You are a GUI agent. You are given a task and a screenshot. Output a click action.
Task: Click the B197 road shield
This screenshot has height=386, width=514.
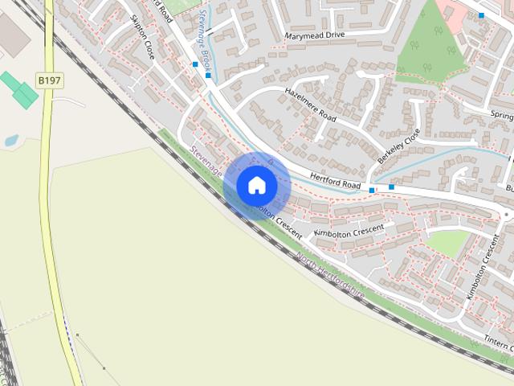tap(47, 80)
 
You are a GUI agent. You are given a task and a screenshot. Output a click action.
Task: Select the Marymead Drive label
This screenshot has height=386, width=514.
tap(314, 36)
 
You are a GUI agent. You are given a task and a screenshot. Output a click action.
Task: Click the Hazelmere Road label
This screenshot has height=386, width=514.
tap(310, 105)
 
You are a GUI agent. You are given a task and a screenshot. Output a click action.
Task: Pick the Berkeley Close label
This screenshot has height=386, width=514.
tap(399, 146)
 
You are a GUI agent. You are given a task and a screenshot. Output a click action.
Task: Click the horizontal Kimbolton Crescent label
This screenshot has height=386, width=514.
tap(349, 231)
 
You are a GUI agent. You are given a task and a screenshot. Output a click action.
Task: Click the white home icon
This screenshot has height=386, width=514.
tap(257, 185)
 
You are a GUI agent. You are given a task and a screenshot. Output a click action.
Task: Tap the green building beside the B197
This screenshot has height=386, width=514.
tap(20, 88)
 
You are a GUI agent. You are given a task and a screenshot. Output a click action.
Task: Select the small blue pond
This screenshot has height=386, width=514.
tap(11, 141)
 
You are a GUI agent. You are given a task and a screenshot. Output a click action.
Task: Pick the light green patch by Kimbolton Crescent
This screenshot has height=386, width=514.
tap(447, 243)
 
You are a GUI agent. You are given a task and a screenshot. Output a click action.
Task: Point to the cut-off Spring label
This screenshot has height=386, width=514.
tap(501, 115)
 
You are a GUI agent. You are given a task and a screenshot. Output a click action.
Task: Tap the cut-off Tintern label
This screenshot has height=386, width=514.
tap(497, 342)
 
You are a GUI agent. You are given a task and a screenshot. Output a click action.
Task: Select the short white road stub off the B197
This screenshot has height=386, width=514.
tap(68, 102)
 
